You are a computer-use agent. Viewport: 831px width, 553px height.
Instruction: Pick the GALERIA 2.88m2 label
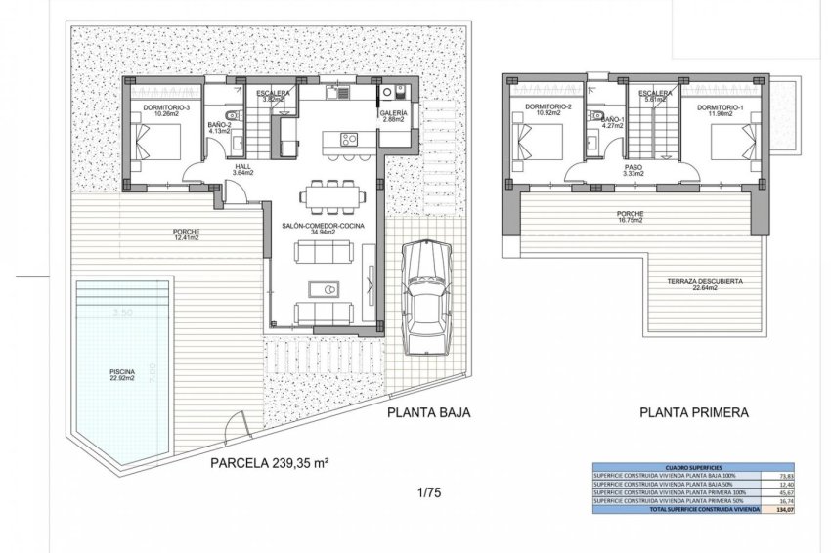pos(394,115)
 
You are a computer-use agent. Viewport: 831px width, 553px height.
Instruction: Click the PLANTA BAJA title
pos(429,412)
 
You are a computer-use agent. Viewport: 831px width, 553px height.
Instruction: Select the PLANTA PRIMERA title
pos(694,412)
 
